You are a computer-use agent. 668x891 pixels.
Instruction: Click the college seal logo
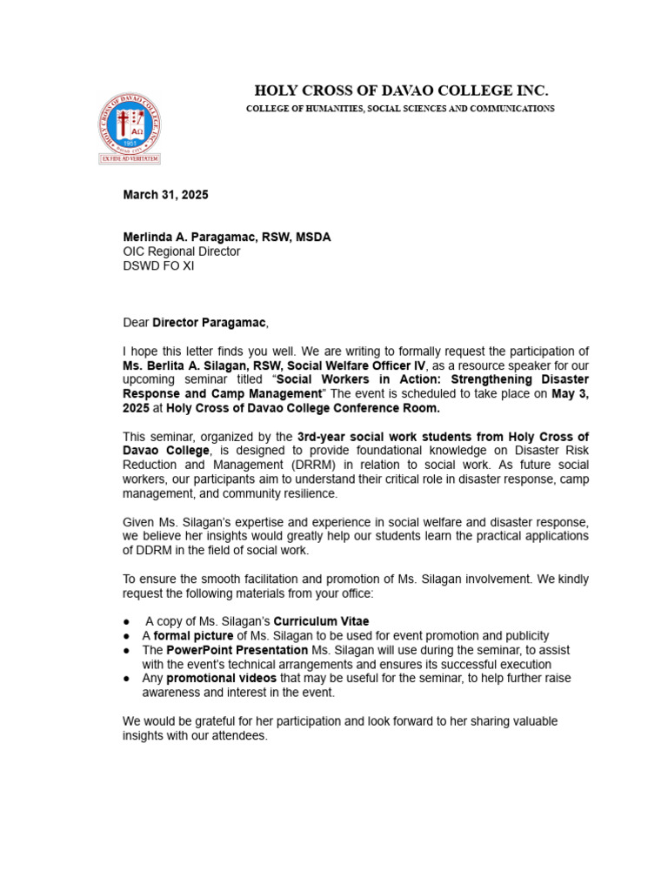(x=129, y=123)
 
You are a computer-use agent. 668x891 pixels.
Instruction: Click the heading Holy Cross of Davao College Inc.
(x=401, y=90)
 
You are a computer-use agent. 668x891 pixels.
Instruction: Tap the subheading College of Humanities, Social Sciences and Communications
(x=400, y=109)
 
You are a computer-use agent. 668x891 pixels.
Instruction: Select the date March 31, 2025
(x=165, y=195)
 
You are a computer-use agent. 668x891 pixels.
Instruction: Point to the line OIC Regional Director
(x=182, y=251)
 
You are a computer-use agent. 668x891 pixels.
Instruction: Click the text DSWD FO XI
(x=158, y=266)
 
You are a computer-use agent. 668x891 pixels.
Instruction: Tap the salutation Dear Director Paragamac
(x=196, y=323)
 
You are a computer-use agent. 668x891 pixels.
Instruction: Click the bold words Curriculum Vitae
(x=322, y=621)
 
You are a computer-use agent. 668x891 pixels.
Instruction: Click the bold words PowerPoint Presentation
(x=237, y=650)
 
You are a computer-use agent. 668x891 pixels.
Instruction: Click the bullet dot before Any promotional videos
(x=128, y=679)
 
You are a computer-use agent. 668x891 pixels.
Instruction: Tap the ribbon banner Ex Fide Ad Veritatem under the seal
(x=129, y=160)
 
